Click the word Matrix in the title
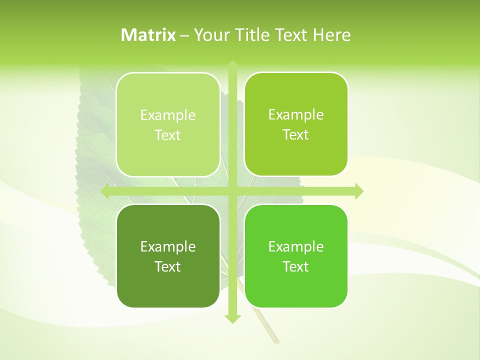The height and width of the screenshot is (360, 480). coord(148,35)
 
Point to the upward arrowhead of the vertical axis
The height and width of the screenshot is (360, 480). coord(232,65)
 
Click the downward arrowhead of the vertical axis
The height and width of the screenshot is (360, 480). coord(232,318)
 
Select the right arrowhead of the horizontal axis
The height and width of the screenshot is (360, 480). coord(358,191)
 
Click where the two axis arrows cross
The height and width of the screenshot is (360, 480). coord(232,191)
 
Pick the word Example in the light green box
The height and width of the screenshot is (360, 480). coord(168,115)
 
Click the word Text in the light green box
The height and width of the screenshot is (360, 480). coord(168,135)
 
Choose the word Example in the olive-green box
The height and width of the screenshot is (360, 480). coord(296,115)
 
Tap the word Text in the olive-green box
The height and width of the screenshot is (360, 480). coord(296,135)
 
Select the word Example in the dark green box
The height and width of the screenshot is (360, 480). coord(168,247)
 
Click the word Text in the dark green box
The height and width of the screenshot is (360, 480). coord(168,267)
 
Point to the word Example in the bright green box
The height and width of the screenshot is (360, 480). coord(296,247)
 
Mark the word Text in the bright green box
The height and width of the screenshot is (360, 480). coord(296,267)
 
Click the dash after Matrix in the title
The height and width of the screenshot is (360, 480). coord(185,35)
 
